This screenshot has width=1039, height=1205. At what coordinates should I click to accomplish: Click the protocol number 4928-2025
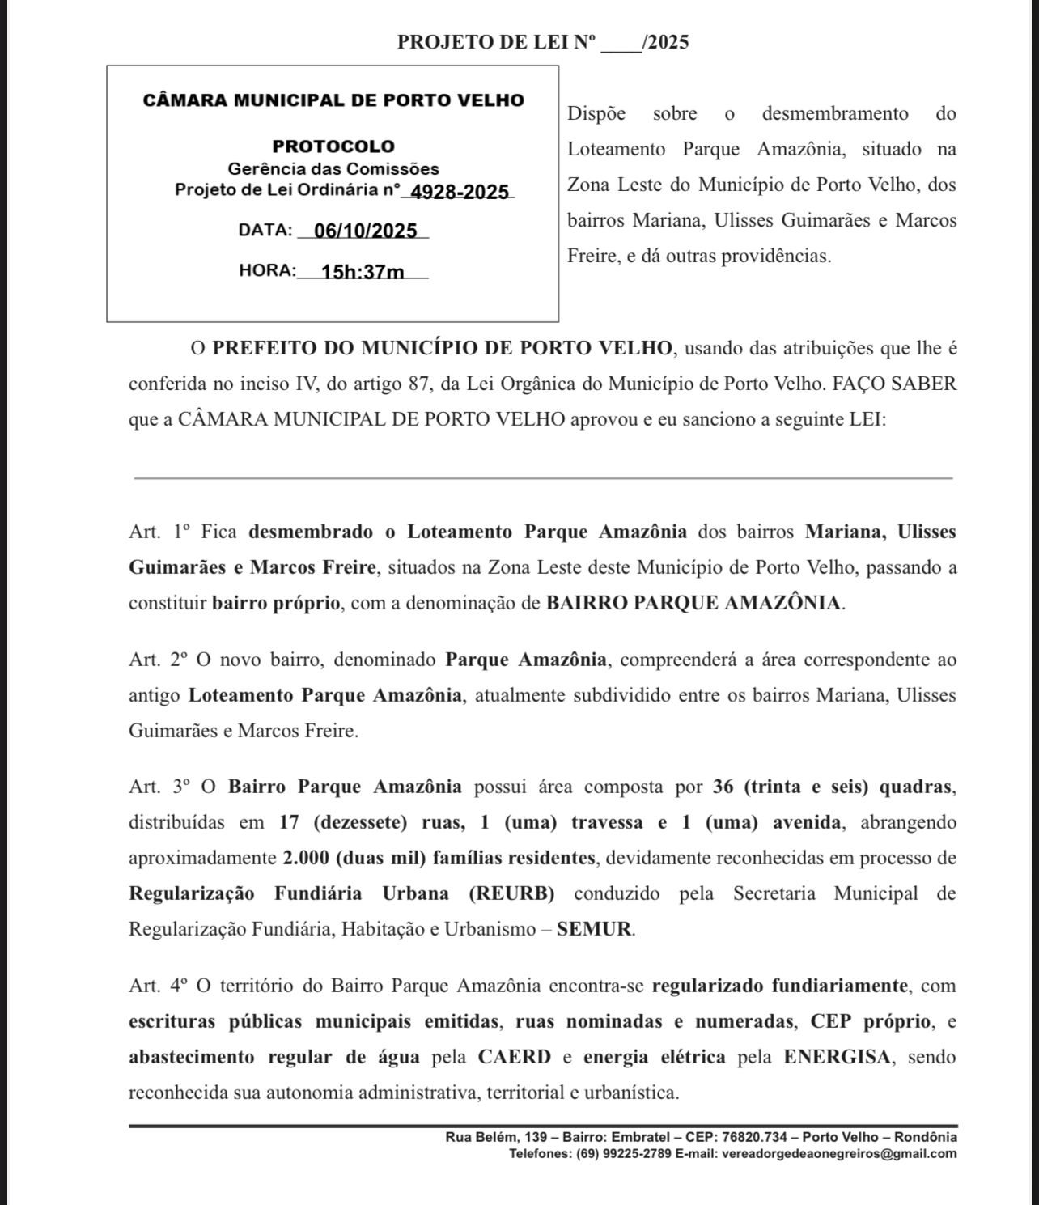point(460,192)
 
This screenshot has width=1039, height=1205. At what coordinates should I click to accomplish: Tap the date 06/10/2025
point(365,231)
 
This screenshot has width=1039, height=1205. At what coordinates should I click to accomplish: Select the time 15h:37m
point(363,271)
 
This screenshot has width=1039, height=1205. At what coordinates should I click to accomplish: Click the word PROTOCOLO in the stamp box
point(333,146)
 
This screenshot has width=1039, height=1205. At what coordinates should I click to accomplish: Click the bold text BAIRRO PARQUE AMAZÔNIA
point(694,603)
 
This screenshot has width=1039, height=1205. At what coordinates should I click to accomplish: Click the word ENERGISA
point(838,1057)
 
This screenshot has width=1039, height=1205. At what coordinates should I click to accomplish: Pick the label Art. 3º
point(159,787)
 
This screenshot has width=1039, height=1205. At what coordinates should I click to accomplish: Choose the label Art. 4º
point(159,986)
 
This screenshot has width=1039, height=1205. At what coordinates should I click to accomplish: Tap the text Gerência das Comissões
point(333,169)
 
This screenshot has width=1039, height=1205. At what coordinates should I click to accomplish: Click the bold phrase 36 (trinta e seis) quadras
point(833,787)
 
